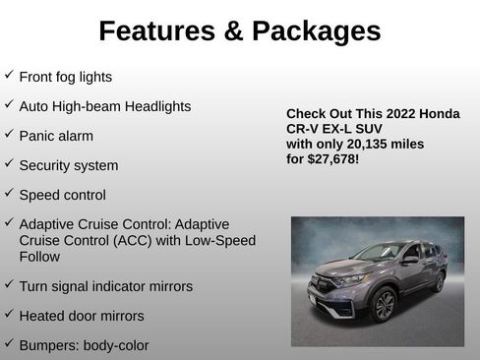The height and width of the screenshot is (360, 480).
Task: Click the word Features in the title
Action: [x=155, y=31]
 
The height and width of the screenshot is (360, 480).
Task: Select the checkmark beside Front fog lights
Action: [x=9, y=75]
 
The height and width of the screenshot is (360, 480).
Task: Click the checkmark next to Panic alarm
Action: [x=9, y=134]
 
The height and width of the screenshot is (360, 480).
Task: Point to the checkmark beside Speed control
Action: [x=9, y=193]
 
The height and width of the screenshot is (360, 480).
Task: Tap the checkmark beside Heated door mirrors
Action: [x=9, y=315]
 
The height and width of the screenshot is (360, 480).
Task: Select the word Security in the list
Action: [x=47, y=165]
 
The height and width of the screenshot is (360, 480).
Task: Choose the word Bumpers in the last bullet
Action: [x=48, y=345]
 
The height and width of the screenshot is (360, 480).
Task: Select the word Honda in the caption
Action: [x=439, y=114]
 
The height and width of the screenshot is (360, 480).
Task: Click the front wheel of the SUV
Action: [x=384, y=305]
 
